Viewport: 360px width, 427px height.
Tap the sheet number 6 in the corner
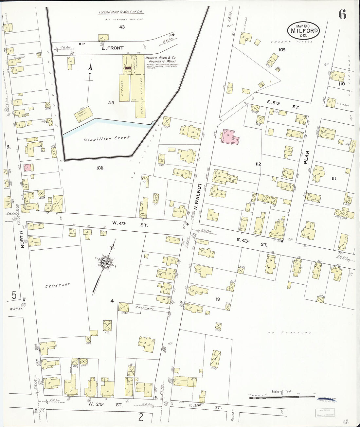click(342, 15)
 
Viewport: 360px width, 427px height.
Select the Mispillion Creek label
click(107, 138)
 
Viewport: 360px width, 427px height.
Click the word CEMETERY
click(58, 285)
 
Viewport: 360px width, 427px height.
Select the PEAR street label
click(307, 157)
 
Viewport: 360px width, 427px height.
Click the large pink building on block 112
click(231, 136)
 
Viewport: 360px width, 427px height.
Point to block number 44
click(111, 102)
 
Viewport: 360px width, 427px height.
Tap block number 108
click(100, 168)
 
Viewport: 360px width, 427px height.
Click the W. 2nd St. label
click(105, 405)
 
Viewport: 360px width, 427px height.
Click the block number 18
click(218, 299)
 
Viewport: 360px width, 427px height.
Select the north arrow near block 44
click(89, 82)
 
